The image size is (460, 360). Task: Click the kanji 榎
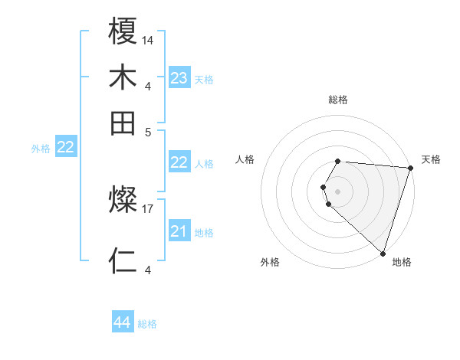[123, 33]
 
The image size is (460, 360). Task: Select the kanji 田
[123, 123]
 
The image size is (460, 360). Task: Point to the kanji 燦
[123, 201]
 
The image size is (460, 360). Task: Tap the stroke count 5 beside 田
[148, 131]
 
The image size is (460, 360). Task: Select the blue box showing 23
[179, 78]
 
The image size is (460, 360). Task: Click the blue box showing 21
[179, 231]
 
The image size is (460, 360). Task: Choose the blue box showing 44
[123, 322]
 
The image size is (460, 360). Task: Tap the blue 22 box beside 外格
[66, 148]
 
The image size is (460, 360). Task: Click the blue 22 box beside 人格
[179, 162]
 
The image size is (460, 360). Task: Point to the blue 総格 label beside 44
[147, 324]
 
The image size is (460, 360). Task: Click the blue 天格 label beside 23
[204, 80]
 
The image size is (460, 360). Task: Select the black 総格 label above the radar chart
[338, 100]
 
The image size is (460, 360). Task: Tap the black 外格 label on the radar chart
[270, 263]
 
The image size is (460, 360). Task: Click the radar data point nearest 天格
[410, 169]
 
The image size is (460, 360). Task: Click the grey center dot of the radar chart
[338, 191]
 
